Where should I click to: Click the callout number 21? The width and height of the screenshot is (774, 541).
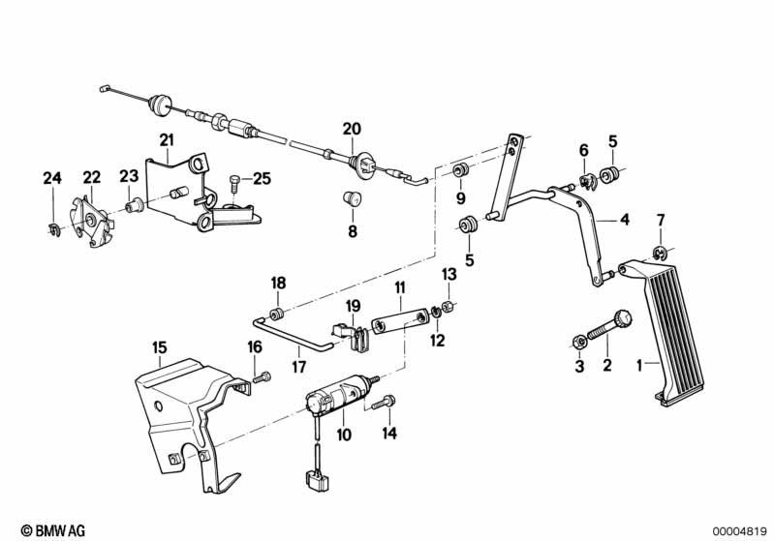click(166, 139)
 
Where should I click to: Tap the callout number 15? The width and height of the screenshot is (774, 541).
click(159, 346)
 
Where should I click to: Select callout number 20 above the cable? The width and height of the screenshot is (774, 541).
click(351, 129)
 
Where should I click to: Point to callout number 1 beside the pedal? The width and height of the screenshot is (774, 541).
click(638, 365)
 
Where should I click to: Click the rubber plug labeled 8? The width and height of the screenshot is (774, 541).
click(353, 200)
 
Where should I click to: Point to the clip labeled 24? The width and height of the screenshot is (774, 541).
click(53, 227)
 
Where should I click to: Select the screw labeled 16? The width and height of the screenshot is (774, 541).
click(260, 376)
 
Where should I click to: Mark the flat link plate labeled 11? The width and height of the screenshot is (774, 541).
click(400, 318)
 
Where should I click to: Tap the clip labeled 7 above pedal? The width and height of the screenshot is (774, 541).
click(658, 255)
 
